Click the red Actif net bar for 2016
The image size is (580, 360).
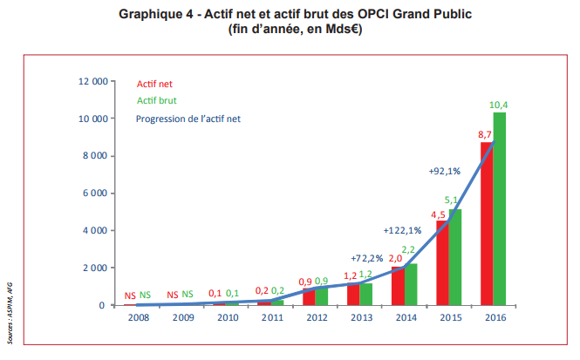pyautogui.click(x=487, y=224)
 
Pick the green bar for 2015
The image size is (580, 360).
pyautogui.click(x=455, y=257)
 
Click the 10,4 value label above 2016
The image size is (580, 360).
pyautogui.click(x=499, y=105)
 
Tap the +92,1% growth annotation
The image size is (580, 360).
pyautogui.click(x=445, y=172)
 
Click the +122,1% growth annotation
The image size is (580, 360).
pyautogui.click(x=402, y=230)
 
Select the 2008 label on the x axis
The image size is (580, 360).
pyautogui.click(x=136, y=318)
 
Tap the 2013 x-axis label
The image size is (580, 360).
pyautogui.click(x=360, y=318)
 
